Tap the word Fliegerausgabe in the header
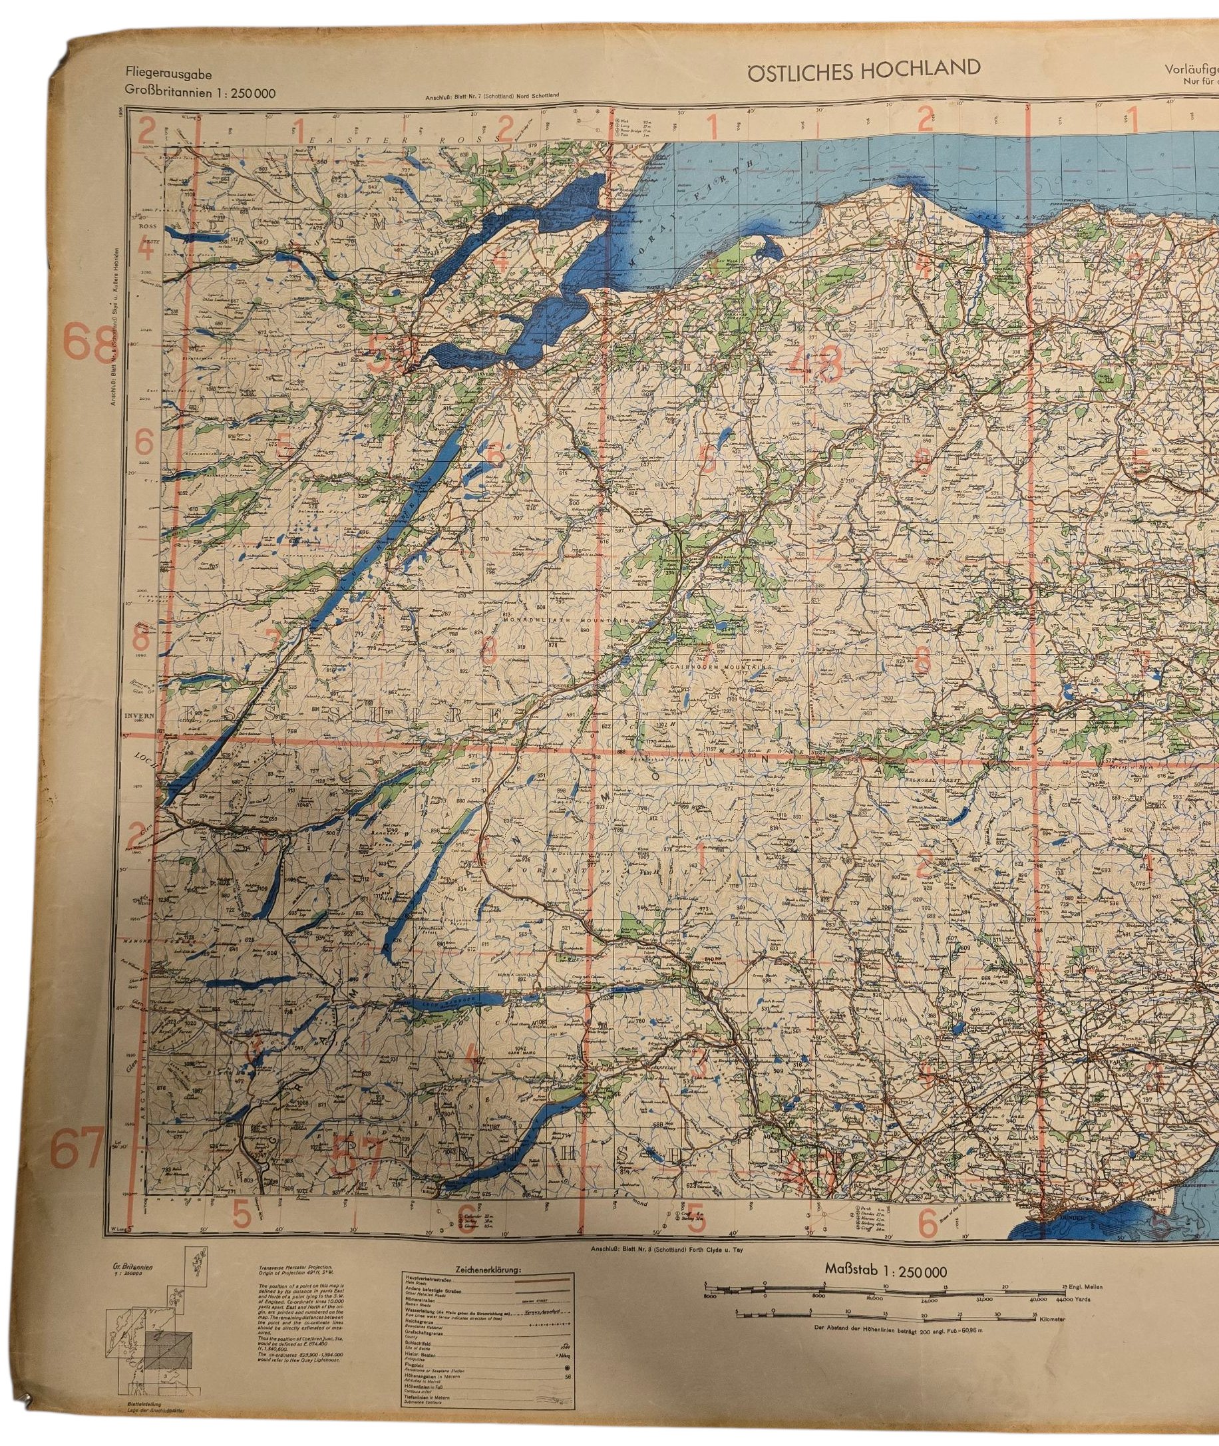[168, 75]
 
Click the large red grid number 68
[86, 343]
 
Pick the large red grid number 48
[818, 363]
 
